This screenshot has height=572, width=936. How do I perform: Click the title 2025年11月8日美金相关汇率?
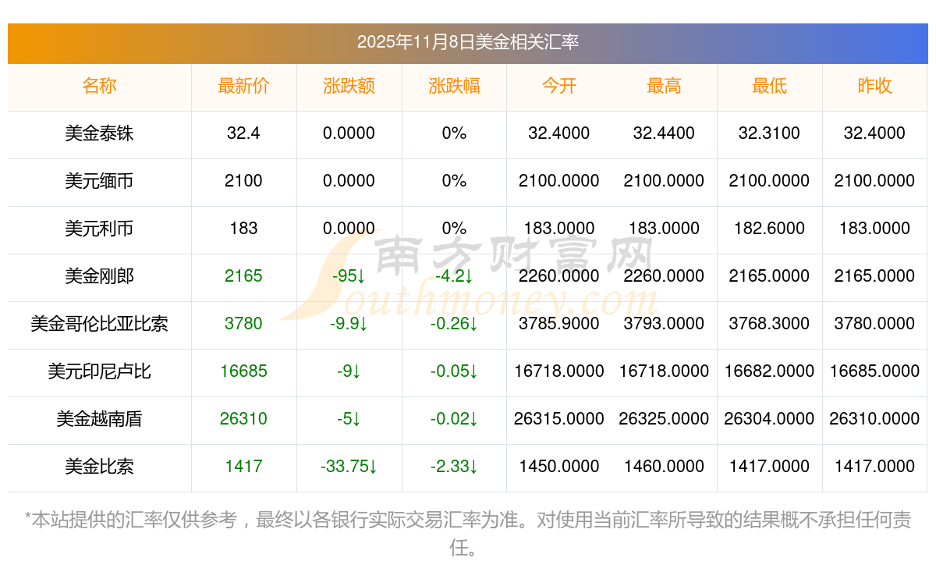467,42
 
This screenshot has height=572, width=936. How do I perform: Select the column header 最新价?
243,86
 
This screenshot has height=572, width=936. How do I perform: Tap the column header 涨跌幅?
454,86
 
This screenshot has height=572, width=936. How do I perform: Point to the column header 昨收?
874,86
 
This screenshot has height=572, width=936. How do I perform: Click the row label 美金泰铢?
99,133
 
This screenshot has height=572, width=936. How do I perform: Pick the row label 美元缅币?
99,181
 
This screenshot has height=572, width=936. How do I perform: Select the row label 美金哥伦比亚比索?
99,323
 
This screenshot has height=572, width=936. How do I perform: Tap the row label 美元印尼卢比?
99,371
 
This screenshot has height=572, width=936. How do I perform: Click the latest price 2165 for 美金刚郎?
243,276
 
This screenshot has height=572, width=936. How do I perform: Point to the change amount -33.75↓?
349,467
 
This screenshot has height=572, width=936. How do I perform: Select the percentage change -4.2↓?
454,276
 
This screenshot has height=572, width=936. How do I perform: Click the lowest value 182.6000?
769,229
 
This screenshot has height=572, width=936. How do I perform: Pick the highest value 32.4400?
664,133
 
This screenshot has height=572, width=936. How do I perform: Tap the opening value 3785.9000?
558,323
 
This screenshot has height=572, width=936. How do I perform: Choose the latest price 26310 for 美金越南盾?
243,419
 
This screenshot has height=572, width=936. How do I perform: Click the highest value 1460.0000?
664,467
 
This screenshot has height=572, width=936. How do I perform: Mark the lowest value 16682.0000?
769,371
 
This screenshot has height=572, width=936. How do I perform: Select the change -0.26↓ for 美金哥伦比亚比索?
454,323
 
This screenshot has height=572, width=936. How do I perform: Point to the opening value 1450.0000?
558,467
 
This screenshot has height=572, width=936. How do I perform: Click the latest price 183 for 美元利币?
243,229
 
